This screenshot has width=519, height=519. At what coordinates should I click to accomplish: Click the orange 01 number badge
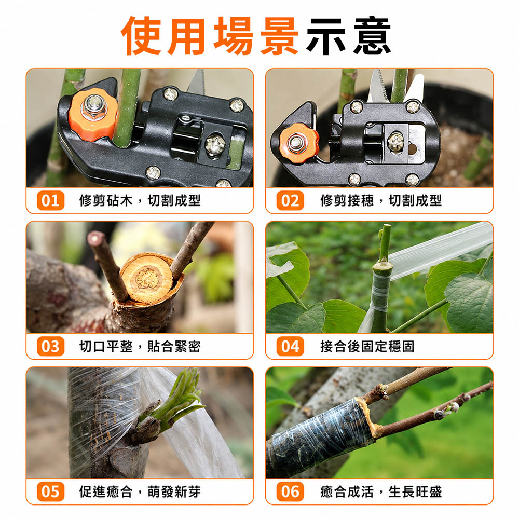click(x=51, y=200)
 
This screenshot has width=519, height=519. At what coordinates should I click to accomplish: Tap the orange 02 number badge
click(x=290, y=200)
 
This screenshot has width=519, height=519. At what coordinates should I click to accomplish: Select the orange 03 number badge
click(x=51, y=347)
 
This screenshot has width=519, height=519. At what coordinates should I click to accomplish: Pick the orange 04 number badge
click(x=290, y=347)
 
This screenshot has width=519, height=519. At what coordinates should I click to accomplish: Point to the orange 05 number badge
click(x=51, y=492)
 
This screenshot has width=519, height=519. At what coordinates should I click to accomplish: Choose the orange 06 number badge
click(x=290, y=492)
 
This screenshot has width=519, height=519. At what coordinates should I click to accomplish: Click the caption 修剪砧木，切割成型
click(x=140, y=200)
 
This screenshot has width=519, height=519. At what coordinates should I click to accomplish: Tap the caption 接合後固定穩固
click(x=367, y=347)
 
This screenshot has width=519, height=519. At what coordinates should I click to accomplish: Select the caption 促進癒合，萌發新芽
click(x=140, y=492)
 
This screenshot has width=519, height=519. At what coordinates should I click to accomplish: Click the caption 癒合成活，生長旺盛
click(x=381, y=492)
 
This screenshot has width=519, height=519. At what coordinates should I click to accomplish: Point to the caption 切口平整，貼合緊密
click(x=140, y=347)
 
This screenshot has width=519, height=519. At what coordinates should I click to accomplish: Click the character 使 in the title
click(x=142, y=35)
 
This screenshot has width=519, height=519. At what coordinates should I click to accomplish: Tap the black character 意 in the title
click(x=372, y=35)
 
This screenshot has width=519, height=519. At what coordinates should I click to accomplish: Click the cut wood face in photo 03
click(x=147, y=278)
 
